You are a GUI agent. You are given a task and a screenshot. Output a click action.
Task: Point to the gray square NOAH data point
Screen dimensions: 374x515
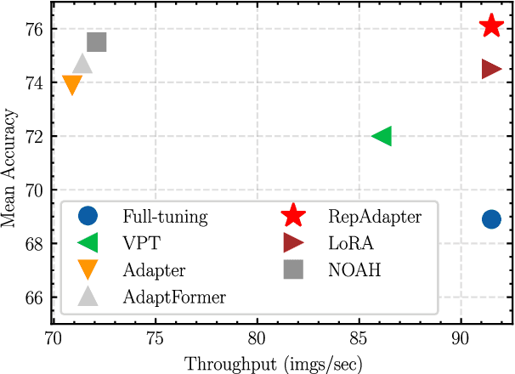[97, 42]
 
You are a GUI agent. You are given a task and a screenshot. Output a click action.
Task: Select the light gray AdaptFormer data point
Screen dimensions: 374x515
[82, 64]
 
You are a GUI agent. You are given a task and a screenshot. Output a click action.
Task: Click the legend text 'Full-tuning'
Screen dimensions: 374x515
[164, 217]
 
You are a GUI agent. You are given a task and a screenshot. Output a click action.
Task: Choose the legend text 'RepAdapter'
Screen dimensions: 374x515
[374, 217]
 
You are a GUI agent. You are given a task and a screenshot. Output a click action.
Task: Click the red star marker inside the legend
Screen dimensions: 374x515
[293, 216]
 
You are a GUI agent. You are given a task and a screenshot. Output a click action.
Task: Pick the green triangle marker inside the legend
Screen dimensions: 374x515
[88, 243]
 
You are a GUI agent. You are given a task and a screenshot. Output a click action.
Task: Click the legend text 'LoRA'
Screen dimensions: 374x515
[349, 243]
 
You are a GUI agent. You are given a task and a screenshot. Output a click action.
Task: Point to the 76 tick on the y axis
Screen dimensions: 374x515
[36, 29]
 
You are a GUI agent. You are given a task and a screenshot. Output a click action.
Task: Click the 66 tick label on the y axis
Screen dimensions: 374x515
[36, 298]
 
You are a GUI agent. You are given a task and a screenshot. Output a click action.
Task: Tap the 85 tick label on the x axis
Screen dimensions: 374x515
[359, 337]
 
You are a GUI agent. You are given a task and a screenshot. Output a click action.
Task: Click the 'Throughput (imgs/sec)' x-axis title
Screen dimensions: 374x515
[274, 363]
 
